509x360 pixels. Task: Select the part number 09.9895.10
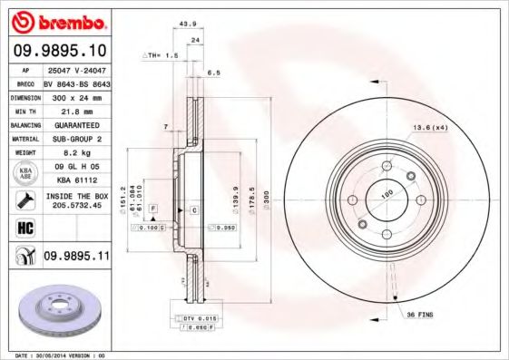click(61, 51)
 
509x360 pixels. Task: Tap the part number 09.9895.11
click(75, 258)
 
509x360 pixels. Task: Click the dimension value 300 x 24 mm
click(75, 95)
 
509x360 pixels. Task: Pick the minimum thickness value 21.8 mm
click(75, 110)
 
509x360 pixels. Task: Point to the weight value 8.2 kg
click(75, 153)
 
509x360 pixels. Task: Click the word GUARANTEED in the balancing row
click(75, 124)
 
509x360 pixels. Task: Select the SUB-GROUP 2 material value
click(75, 139)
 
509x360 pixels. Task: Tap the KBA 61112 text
click(75, 180)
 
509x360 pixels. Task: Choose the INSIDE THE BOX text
click(75, 195)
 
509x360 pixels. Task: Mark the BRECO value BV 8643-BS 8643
click(75, 82)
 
